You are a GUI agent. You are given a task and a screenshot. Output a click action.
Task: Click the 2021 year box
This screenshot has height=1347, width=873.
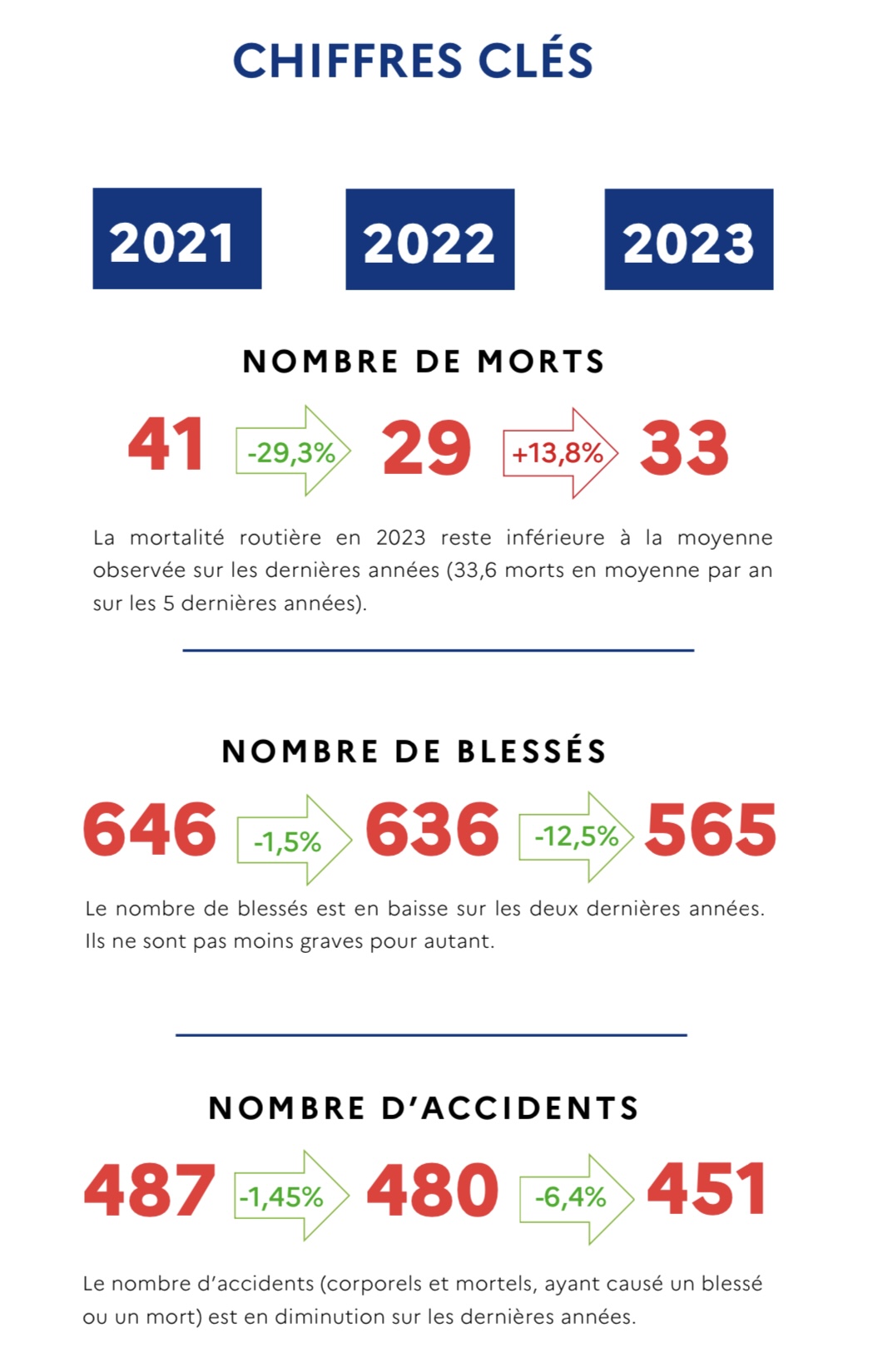[176, 239]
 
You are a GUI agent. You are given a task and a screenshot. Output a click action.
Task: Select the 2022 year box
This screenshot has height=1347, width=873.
[429, 239]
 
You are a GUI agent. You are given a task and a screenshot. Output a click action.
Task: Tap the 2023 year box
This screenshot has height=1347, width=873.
[688, 239]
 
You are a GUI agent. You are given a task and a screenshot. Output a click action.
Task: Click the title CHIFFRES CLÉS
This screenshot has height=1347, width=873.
[413, 61]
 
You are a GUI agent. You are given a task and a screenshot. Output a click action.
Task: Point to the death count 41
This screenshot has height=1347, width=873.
[166, 445]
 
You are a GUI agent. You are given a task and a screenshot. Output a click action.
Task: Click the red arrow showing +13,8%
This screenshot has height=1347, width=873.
[560, 453]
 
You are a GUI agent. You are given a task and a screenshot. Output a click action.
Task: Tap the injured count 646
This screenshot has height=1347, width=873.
[150, 830]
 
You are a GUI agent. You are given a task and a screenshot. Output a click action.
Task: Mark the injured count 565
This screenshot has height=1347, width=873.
[711, 830]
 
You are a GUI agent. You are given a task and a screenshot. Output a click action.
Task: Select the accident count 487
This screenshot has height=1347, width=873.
[150, 1190]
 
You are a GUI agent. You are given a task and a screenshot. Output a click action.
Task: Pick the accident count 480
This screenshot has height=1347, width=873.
[433, 1190]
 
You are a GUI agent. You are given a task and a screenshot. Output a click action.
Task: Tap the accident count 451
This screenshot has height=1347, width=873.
[707, 1190]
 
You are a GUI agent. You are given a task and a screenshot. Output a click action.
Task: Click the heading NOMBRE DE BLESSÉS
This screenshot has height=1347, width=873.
[414, 752]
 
